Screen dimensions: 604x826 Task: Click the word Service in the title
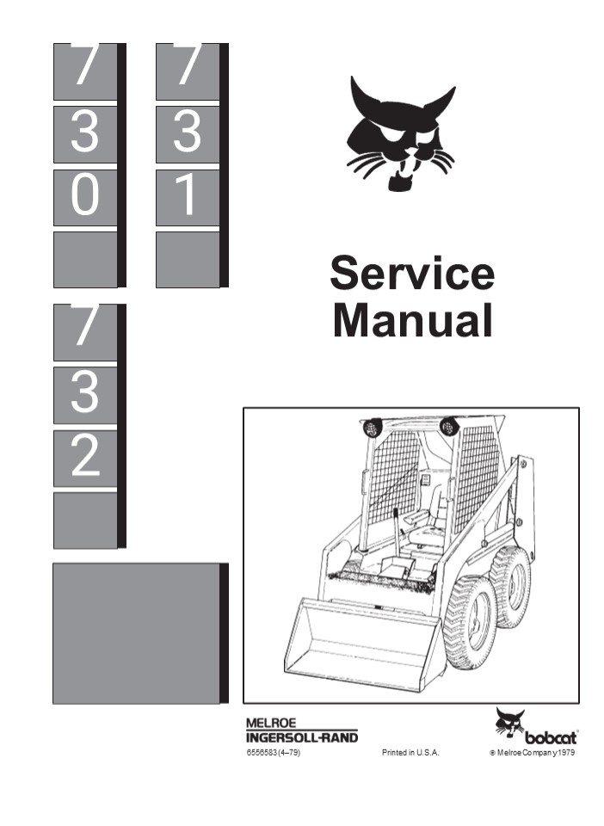click(412, 274)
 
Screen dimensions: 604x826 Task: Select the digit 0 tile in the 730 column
click(85, 198)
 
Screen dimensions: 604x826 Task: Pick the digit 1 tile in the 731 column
click(188, 198)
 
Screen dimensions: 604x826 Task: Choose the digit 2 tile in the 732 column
click(85, 458)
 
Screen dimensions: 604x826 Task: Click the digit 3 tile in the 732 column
click(85, 395)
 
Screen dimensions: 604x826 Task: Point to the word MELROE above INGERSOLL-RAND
click(272, 724)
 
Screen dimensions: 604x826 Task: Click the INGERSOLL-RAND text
click(301, 737)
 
